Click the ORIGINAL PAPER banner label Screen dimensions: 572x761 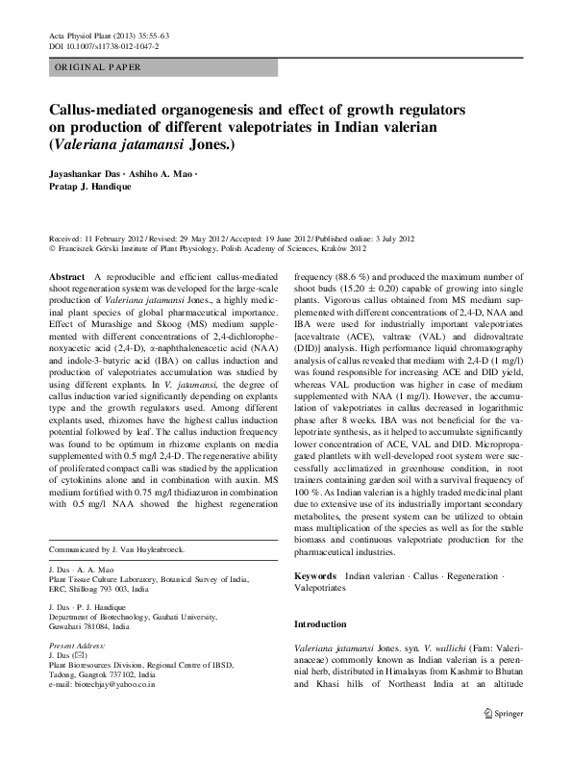pos(97,66)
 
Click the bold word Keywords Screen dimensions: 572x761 pos(316,574)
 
